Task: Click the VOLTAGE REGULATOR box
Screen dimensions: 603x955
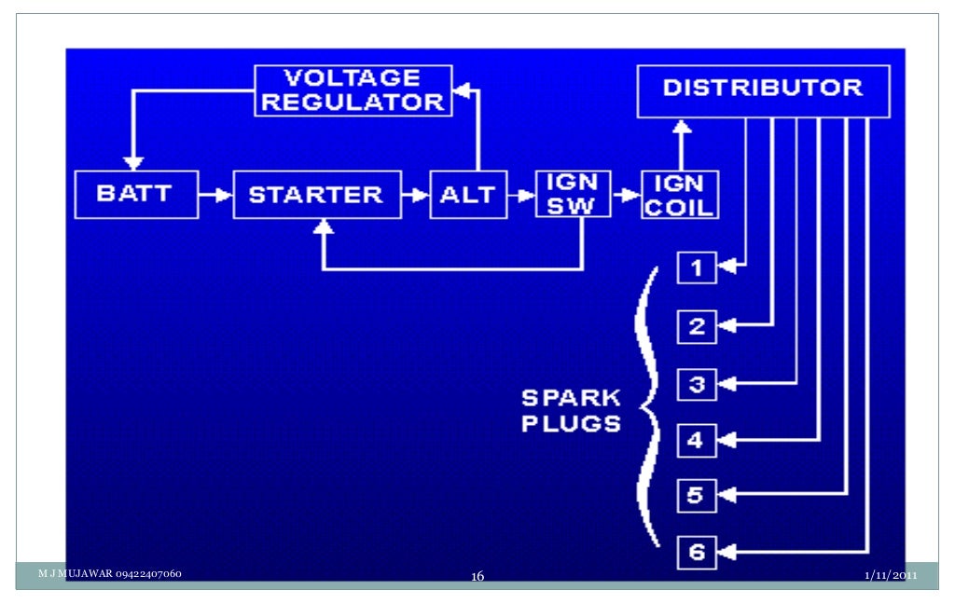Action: point(353,90)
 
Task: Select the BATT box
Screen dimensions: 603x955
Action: point(136,194)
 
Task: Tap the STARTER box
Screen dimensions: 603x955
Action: point(317,194)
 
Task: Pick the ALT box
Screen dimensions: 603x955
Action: point(467,194)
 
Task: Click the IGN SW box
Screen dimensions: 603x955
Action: point(572,194)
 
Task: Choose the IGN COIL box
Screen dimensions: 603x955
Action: point(679,194)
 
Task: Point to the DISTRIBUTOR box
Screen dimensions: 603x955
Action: point(763,90)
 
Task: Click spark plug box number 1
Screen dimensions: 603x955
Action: point(696,268)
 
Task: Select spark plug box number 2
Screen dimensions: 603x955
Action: point(696,325)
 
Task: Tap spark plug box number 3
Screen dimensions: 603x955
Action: point(696,383)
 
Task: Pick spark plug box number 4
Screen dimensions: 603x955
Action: point(696,440)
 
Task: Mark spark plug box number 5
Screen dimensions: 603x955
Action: point(696,495)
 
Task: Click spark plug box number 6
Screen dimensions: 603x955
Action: point(696,552)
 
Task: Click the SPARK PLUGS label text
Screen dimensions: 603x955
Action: point(571,410)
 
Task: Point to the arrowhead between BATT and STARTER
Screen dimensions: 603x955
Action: point(223,195)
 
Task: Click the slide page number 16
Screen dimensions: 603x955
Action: point(477,577)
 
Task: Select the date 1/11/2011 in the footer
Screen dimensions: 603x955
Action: point(891,575)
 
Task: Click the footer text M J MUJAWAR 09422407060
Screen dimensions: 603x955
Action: point(109,573)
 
